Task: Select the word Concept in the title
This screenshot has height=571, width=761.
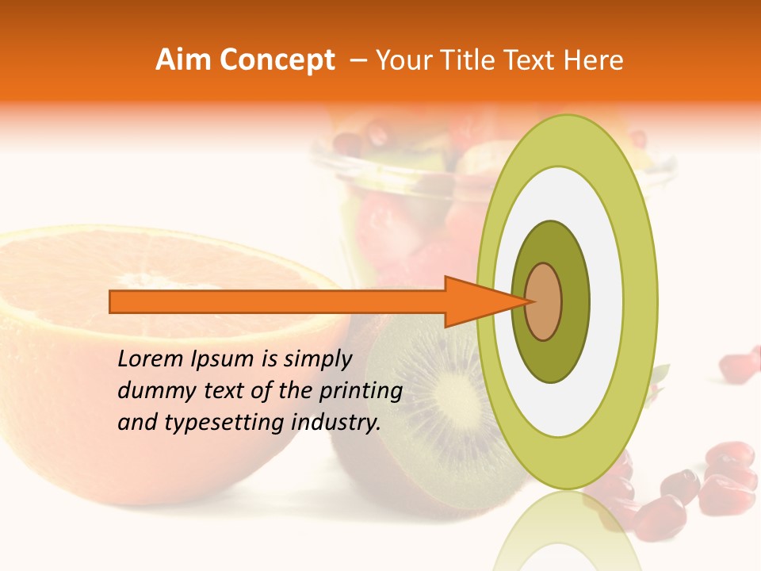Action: tap(277, 60)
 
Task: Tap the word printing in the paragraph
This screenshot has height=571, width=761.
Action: tap(361, 392)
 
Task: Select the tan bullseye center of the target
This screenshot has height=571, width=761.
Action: tap(544, 301)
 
